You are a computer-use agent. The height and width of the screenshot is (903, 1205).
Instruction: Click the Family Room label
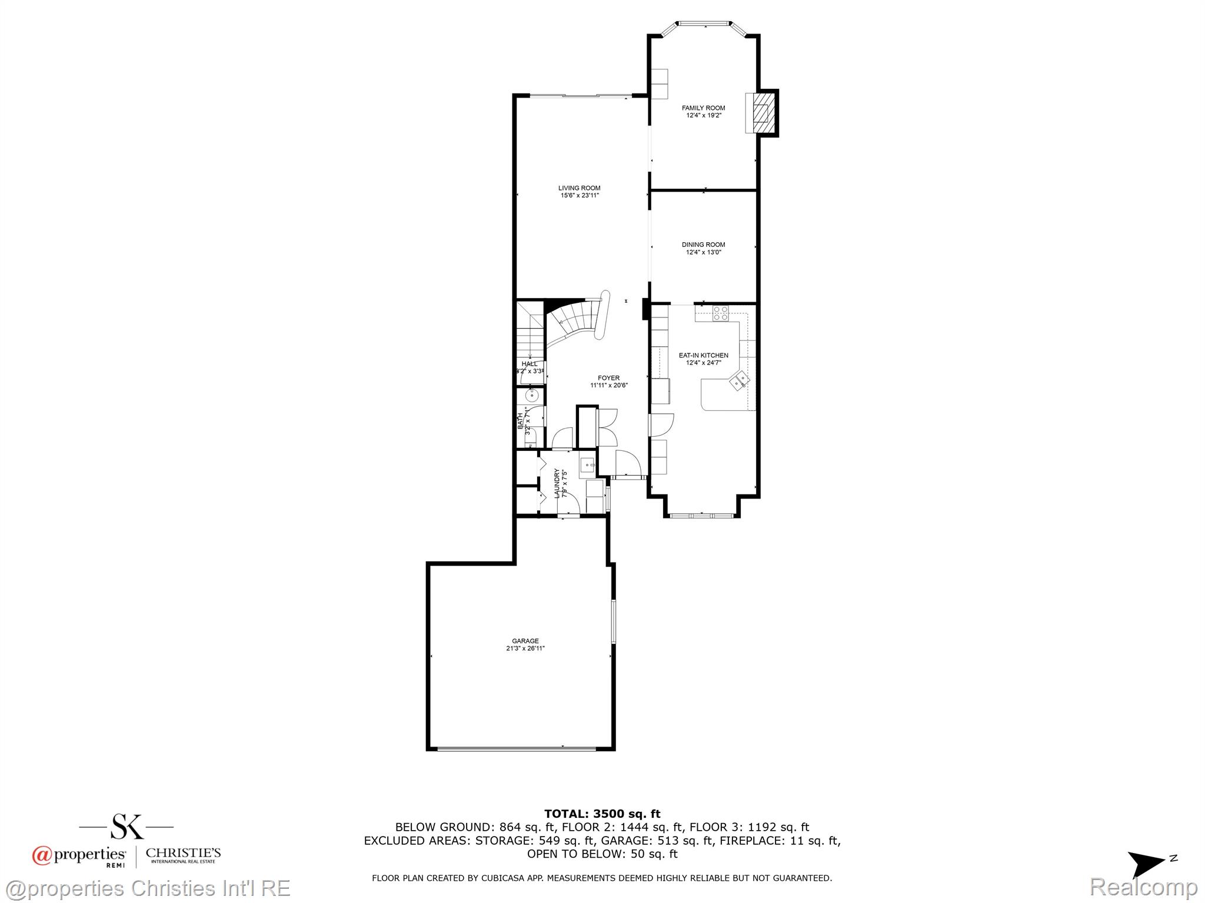coord(703,108)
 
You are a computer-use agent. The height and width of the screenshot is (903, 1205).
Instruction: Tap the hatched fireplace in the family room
coord(763,112)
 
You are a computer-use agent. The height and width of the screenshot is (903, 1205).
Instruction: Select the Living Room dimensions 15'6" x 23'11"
coord(580,196)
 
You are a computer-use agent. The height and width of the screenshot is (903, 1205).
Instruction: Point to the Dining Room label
coord(703,245)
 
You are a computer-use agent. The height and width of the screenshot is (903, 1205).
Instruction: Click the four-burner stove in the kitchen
coord(721,313)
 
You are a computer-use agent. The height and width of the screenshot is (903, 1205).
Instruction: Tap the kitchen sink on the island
coord(740,381)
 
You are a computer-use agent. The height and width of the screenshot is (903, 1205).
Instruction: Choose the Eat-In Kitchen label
coord(703,356)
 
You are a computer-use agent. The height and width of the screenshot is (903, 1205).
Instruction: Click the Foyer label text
coord(608,379)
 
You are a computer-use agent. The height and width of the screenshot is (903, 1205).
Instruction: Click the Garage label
coord(525,641)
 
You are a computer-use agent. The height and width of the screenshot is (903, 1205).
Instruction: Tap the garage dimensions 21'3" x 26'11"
coord(525,649)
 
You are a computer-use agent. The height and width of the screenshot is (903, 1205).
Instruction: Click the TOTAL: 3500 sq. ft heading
coord(602,814)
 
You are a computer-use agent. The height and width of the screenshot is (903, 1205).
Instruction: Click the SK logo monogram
coord(127,826)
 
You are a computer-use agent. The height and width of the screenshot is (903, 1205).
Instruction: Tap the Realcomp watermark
coord(1143,887)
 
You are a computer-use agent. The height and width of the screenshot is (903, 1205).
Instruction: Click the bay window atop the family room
coord(703,24)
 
